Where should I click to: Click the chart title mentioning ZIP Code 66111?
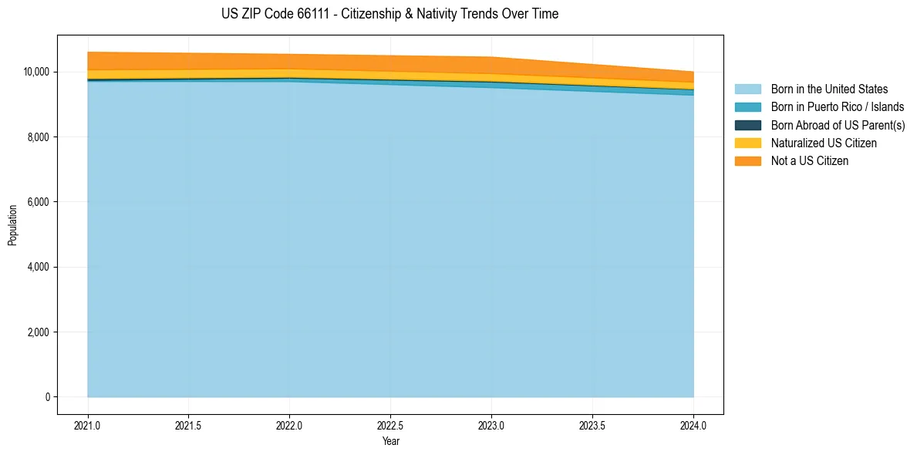coord(389,14)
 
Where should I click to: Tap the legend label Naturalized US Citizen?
coord(824,143)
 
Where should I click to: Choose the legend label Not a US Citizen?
coord(810,160)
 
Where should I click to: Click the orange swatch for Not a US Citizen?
coord(747,160)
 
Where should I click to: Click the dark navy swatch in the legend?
coord(747,125)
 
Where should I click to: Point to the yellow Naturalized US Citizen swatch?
coord(747,143)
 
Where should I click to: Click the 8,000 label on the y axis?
coord(38,137)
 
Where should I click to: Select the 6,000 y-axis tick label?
coord(38,202)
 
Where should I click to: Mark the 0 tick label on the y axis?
coord(46,397)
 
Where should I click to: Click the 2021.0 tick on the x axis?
coord(88,425)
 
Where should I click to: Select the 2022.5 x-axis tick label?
coord(391,425)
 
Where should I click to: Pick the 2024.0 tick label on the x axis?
coord(693,425)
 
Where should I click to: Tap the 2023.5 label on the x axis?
coord(592,425)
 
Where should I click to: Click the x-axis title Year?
coord(391,441)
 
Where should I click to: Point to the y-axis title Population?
coord(12,225)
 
